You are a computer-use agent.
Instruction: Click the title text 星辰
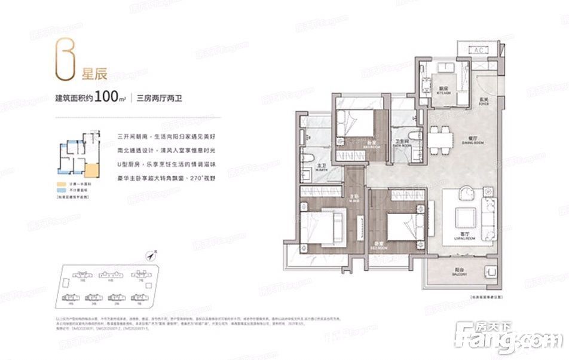point(94,75)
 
